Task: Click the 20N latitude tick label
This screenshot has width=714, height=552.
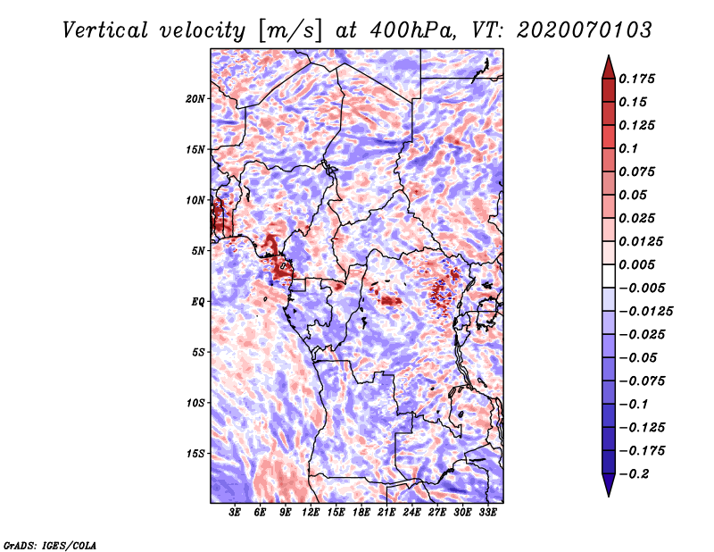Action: [x=195, y=98]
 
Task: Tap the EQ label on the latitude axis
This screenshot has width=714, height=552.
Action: [x=198, y=302]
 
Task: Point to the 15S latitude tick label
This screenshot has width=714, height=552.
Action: [x=195, y=454]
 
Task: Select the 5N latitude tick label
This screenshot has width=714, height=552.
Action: [x=198, y=251]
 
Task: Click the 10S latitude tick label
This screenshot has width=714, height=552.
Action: [x=195, y=403]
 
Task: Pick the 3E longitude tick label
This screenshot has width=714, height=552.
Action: [x=235, y=513]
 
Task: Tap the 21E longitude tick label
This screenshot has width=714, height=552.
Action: [x=386, y=513]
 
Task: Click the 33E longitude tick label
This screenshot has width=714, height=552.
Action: [x=487, y=513]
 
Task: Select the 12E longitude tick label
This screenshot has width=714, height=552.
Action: [x=311, y=513]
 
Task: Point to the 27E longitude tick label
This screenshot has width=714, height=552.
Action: [x=436, y=513]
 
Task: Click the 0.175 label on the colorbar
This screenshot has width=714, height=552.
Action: [x=636, y=79]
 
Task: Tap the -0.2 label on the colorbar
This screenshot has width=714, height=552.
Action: [x=634, y=474]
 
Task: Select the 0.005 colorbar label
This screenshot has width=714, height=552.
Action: [x=636, y=264]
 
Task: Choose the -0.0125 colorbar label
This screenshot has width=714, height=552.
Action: [x=645, y=312]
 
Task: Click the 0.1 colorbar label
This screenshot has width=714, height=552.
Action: [x=628, y=148]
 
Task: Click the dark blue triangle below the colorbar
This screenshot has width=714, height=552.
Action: [x=609, y=483]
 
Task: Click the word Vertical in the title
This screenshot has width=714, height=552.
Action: [x=105, y=30]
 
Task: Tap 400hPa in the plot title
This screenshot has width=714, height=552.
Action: [x=413, y=30]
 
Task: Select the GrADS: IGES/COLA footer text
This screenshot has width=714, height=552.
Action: [x=50, y=545]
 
